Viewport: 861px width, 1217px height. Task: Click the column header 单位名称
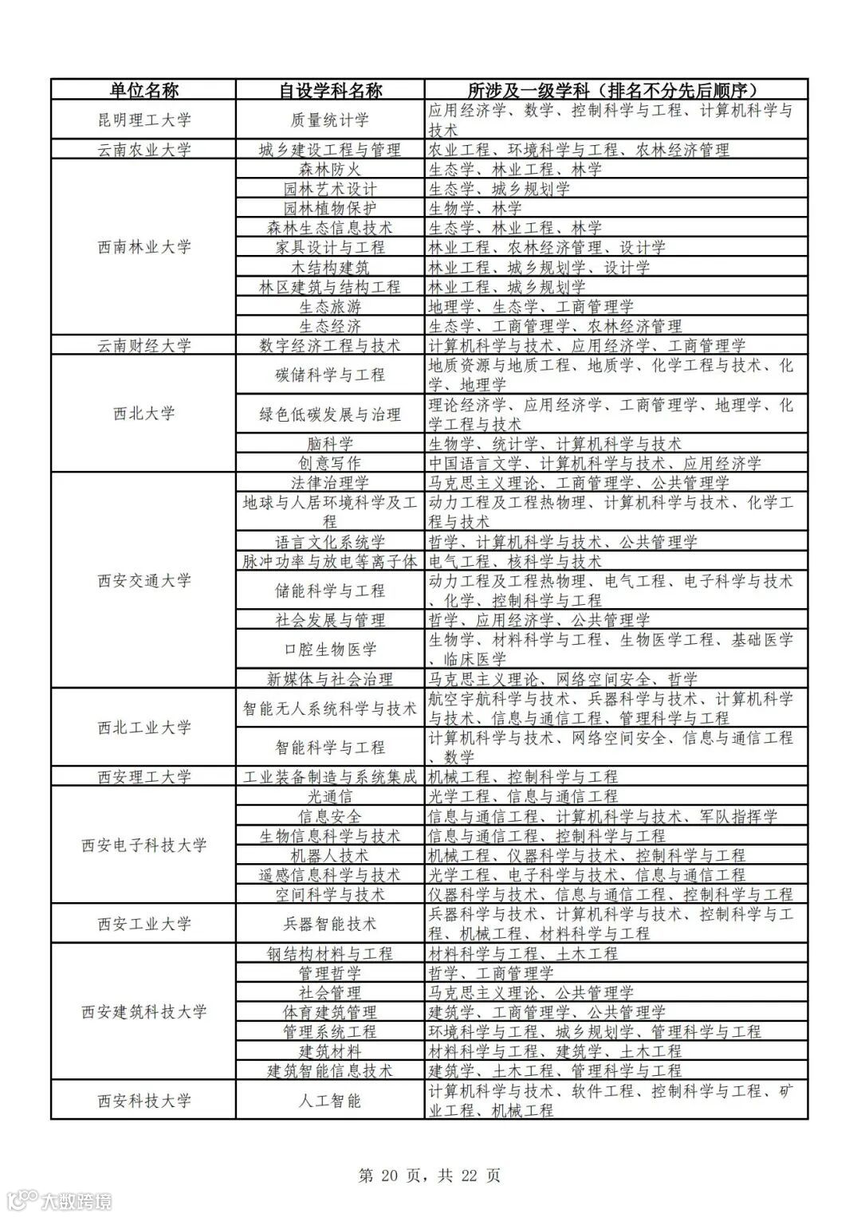click(143, 90)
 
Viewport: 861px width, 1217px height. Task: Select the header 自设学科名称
click(330, 90)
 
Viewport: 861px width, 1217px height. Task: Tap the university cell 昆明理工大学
click(143, 120)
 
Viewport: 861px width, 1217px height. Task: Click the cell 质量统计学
click(330, 120)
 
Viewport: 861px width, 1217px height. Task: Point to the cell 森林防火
click(330, 170)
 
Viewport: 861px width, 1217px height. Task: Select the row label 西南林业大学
click(143, 247)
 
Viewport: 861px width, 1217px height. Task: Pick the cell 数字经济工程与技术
click(330, 346)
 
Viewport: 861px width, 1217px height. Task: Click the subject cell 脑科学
click(330, 444)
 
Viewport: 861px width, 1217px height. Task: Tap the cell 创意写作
click(330, 463)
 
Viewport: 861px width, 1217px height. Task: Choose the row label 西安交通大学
click(143, 581)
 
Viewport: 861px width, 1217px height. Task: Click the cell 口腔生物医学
click(330, 650)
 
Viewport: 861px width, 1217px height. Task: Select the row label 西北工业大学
click(143, 728)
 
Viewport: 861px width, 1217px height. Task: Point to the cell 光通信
click(330, 796)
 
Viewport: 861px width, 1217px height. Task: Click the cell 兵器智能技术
click(330, 925)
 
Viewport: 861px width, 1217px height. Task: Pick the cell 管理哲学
click(330, 973)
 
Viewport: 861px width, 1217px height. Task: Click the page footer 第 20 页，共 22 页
click(430, 1176)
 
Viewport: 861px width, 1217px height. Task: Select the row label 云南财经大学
click(143, 346)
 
